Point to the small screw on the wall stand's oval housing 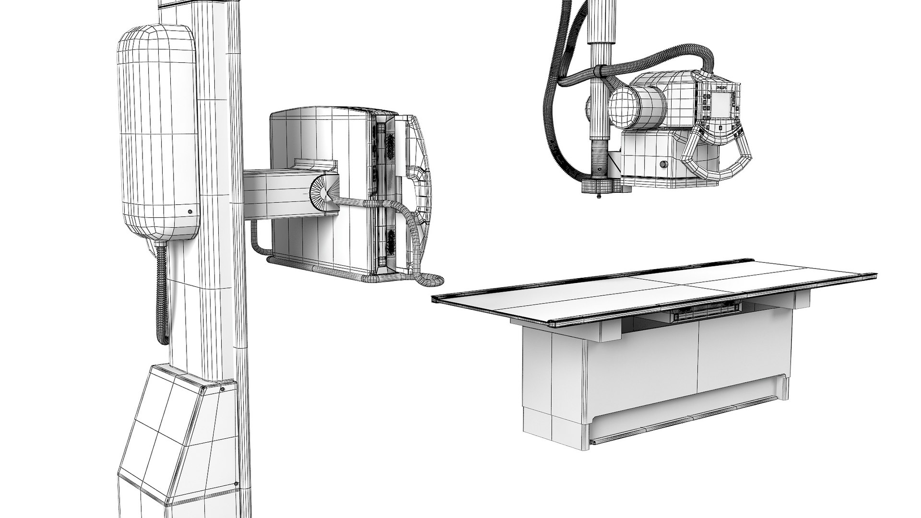[190, 211]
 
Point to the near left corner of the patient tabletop [435, 300]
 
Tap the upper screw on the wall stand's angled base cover [223, 389]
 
